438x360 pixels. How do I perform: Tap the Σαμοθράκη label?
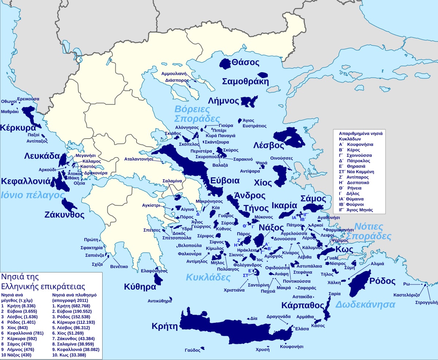tap(245, 81)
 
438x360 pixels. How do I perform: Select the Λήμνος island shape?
tap(249, 102)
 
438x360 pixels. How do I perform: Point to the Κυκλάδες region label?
tap(208, 277)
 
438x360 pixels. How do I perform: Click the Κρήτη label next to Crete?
tap(165, 326)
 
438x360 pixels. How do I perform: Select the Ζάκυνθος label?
tap(64, 214)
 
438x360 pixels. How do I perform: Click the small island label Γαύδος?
tap(192, 350)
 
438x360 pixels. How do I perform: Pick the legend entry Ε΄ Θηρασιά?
tap(354, 166)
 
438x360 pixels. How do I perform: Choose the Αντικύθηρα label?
tap(160, 301)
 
